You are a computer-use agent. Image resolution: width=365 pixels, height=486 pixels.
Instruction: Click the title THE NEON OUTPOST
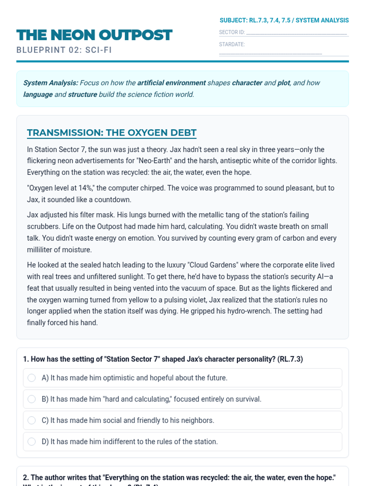[94, 35]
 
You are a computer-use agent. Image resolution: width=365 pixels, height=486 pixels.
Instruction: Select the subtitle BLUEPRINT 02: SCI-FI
[64, 50]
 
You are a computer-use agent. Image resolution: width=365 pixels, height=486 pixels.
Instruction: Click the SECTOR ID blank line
[296, 33]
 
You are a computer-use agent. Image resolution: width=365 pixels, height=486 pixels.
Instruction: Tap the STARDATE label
[232, 44]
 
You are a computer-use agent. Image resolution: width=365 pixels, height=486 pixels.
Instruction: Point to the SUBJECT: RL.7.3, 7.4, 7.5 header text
[284, 20]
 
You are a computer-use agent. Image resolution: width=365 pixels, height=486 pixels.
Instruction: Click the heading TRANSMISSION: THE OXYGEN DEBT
[112, 133]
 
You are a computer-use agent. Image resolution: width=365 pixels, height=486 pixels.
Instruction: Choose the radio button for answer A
[32, 378]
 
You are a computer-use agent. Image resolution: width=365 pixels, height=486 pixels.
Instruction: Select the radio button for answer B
[32, 399]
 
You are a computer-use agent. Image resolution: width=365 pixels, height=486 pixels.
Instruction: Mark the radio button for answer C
[32, 420]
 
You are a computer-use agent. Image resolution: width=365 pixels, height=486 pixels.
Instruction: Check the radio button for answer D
[32, 442]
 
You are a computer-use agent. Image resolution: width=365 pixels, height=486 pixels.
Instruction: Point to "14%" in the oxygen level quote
[85, 188]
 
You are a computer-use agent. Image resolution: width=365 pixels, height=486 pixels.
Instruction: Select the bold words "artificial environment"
[172, 83]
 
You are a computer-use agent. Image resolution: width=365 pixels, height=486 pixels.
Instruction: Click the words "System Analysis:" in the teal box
[51, 83]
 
